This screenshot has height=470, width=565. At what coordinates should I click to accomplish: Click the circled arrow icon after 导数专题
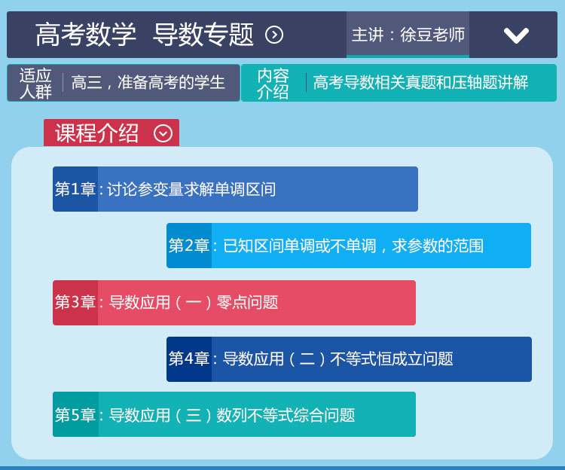(x=274, y=35)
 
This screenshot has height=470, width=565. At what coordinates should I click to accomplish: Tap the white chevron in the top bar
(x=516, y=35)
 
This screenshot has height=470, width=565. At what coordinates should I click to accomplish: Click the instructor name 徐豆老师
(x=432, y=35)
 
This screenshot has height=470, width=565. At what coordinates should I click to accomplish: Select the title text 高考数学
(x=86, y=35)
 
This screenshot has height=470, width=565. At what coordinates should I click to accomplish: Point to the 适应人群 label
(x=35, y=83)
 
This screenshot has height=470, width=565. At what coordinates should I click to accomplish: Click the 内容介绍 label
(x=273, y=83)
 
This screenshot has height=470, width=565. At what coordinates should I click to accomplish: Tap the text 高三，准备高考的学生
(x=148, y=82)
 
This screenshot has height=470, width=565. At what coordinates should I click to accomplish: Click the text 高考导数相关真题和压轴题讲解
(x=420, y=82)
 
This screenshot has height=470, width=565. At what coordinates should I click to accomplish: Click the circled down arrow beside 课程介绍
(x=163, y=133)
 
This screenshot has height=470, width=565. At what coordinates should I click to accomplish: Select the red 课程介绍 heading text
(x=96, y=133)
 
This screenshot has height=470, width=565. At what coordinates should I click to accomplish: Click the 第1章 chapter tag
(x=75, y=189)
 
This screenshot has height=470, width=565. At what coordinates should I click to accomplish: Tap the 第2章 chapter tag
(x=189, y=246)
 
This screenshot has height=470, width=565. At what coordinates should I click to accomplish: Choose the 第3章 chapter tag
(x=75, y=302)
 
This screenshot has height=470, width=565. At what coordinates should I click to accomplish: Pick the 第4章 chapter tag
(x=189, y=359)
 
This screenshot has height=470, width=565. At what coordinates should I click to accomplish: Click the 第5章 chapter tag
(x=75, y=415)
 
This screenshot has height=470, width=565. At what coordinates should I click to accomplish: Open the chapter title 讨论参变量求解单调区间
(x=191, y=189)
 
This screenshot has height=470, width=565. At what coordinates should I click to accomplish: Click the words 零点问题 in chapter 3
(x=247, y=302)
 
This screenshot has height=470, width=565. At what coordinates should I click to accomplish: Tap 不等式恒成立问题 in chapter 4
(x=392, y=359)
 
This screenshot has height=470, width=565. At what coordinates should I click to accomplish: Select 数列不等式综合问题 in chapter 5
(x=286, y=415)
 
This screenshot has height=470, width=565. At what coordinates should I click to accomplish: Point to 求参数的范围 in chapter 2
(x=438, y=246)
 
